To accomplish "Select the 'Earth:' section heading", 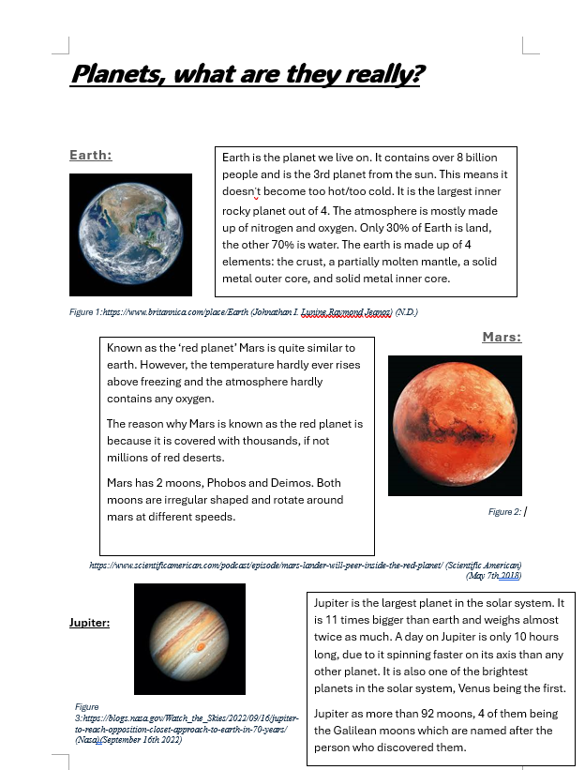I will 91,155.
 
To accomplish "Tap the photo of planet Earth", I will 130,234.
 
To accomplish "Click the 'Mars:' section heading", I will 502,337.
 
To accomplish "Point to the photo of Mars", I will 455,424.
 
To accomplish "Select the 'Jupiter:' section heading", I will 90,622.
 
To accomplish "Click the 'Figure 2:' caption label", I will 504,512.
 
